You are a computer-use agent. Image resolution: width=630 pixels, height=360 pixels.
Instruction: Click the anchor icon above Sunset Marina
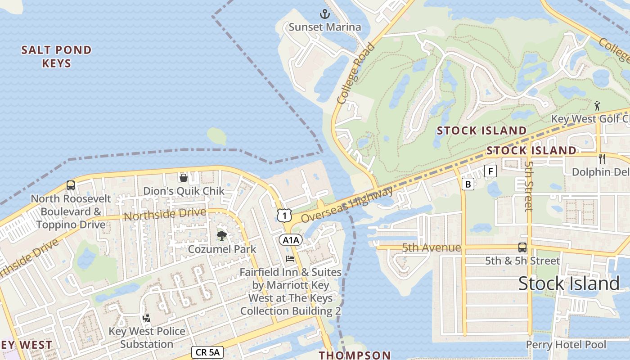(324, 14)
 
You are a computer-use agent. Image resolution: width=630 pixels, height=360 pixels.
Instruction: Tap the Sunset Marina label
(324, 27)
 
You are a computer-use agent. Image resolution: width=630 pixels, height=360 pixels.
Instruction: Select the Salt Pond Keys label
(57, 56)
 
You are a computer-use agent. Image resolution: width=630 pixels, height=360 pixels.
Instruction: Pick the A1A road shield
(291, 240)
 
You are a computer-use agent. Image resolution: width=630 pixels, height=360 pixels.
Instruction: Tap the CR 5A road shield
(207, 352)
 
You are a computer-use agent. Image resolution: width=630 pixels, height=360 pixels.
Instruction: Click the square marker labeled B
(468, 184)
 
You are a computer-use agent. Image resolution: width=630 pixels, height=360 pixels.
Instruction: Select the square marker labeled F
(490, 171)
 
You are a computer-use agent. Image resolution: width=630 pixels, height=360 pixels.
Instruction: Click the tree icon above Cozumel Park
(222, 235)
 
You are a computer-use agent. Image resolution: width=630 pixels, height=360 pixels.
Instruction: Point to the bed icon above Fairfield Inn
(290, 259)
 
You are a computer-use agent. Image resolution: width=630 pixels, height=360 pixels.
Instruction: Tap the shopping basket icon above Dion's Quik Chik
(183, 177)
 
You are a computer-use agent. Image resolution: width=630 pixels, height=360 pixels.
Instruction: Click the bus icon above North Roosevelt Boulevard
(71, 185)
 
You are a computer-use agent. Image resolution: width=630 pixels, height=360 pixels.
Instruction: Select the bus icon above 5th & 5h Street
(522, 247)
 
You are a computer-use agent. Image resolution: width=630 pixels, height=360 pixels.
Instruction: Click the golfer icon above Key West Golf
(597, 106)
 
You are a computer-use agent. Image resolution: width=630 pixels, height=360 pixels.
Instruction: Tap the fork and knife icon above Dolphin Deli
(602, 158)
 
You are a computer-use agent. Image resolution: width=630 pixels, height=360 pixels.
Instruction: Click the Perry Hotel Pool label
(566, 345)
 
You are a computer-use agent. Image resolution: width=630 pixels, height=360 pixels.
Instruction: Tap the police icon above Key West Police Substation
(146, 318)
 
